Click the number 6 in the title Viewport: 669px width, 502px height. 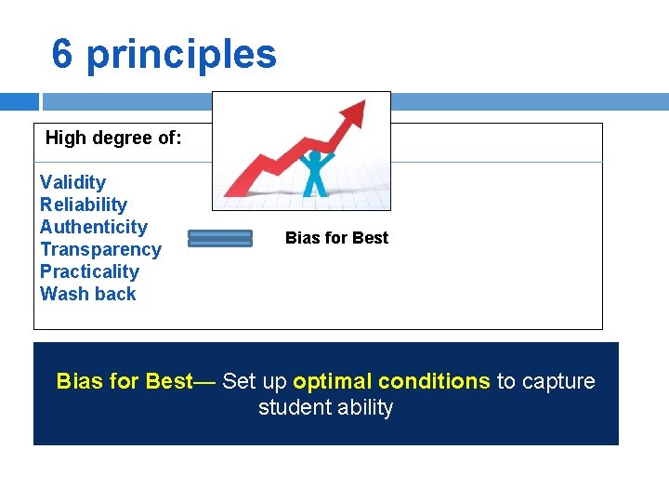[62, 54]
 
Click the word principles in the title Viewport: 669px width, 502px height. [181, 54]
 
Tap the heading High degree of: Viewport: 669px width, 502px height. [113, 138]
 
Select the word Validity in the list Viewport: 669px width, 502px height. [72, 182]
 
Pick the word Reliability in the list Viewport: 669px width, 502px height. [83, 205]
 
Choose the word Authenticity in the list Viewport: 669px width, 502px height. [93, 227]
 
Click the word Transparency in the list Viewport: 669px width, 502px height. [100, 249]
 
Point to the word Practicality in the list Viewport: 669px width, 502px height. [89, 271]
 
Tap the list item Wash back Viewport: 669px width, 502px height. [87, 294]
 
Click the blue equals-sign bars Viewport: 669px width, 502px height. [220, 239]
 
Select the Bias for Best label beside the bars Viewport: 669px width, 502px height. [336, 238]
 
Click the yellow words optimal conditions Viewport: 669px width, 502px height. [391, 381]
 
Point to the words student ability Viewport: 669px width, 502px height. [325, 407]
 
